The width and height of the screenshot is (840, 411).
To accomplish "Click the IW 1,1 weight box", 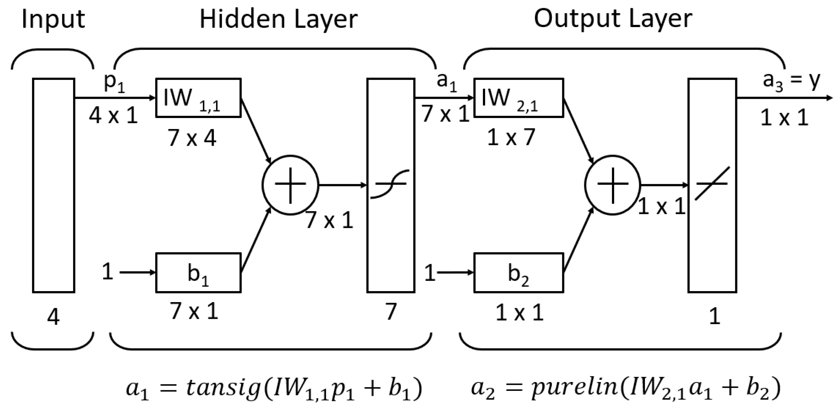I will (198, 98).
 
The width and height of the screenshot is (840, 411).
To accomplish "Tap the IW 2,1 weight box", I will (518, 98).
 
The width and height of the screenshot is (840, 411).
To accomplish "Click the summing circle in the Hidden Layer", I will (290, 185).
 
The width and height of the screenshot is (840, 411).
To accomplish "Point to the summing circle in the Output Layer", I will (613, 185).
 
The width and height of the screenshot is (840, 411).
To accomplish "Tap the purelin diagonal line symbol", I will (712, 184).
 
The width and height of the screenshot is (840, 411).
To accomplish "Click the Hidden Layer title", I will (278, 20).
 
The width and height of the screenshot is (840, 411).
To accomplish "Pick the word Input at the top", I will (53, 20).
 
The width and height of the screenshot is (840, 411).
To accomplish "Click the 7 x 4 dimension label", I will (192, 138).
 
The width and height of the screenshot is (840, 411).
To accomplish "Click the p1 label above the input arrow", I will (114, 83).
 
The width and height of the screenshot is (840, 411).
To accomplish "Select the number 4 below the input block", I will (53, 317).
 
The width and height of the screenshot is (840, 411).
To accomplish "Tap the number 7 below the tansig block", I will (391, 312).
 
